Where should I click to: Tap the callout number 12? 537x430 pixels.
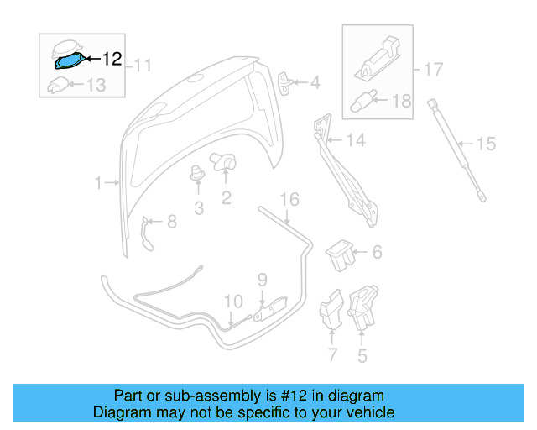pos(112,60)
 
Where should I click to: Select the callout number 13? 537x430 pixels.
pos(96,84)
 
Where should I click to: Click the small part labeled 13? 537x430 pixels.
pos(57,84)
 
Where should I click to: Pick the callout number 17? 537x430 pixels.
pos(432,70)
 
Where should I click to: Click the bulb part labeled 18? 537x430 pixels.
pos(361,101)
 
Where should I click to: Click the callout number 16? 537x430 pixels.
pos(289,200)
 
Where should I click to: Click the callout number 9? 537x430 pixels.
pos(262,279)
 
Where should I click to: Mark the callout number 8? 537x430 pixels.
pos(171,222)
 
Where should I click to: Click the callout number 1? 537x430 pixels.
pos(98,182)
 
